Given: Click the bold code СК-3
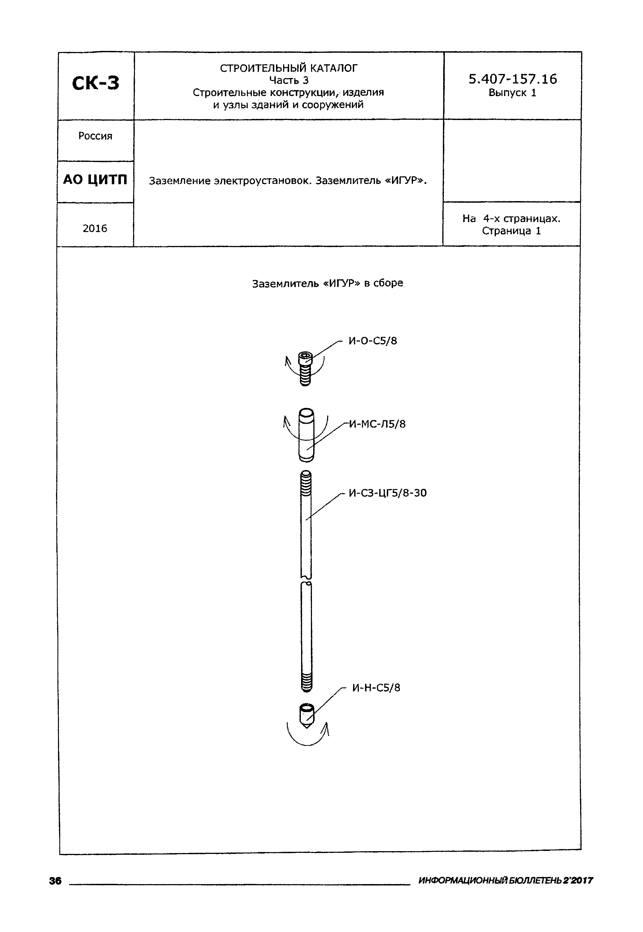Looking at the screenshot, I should point(96,83).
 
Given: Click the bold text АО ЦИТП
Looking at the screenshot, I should point(95,180).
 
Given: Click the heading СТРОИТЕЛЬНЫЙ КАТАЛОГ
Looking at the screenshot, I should point(289,68).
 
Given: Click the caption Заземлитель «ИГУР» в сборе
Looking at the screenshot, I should point(327,283).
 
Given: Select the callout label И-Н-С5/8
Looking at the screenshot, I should point(376,688).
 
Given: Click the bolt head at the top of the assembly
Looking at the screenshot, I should point(305,358).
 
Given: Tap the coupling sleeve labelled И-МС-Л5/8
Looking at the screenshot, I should point(307,435).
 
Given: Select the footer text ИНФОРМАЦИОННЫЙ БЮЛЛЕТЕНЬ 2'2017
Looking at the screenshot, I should point(506,881).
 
